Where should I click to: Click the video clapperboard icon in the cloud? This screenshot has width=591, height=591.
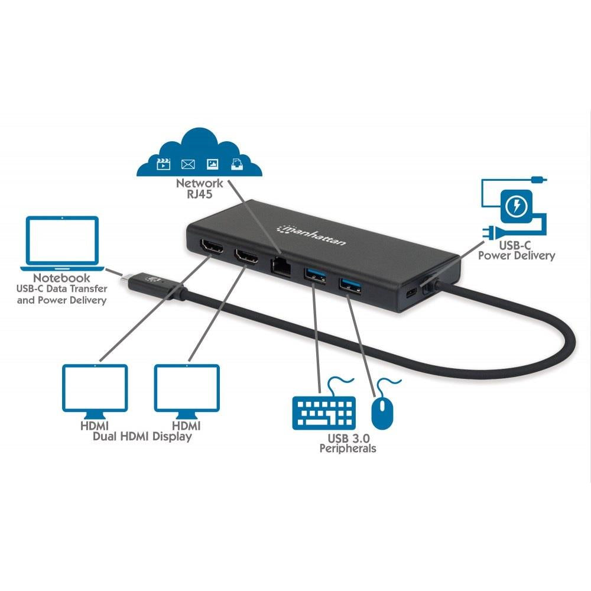(x=163, y=164)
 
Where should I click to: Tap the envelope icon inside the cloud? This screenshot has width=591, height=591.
(x=188, y=164)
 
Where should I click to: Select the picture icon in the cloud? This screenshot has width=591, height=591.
(x=213, y=164)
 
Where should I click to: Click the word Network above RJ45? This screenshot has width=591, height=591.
(x=199, y=183)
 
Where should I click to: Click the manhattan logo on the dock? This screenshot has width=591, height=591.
(x=311, y=235)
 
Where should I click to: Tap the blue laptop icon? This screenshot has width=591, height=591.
(x=62, y=243)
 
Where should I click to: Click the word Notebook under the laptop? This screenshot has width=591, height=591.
(x=61, y=278)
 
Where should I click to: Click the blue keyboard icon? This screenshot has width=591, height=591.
(x=324, y=413)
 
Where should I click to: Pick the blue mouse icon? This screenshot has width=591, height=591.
(x=382, y=414)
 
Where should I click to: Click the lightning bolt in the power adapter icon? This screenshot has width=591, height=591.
(x=516, y=206)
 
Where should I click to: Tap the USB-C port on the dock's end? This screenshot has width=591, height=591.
(x=412, y=293)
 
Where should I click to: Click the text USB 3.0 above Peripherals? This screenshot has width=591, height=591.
(x=349, y=439)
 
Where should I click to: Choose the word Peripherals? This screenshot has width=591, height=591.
(x=348, y=449)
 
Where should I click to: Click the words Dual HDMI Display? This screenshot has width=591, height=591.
(x=142, y=437)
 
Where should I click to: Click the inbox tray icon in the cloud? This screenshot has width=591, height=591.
(x=237, y=164)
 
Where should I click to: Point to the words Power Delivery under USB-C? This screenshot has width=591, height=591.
(x=517, y=255)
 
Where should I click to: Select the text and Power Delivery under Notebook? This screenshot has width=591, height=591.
(x=61, y=300)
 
